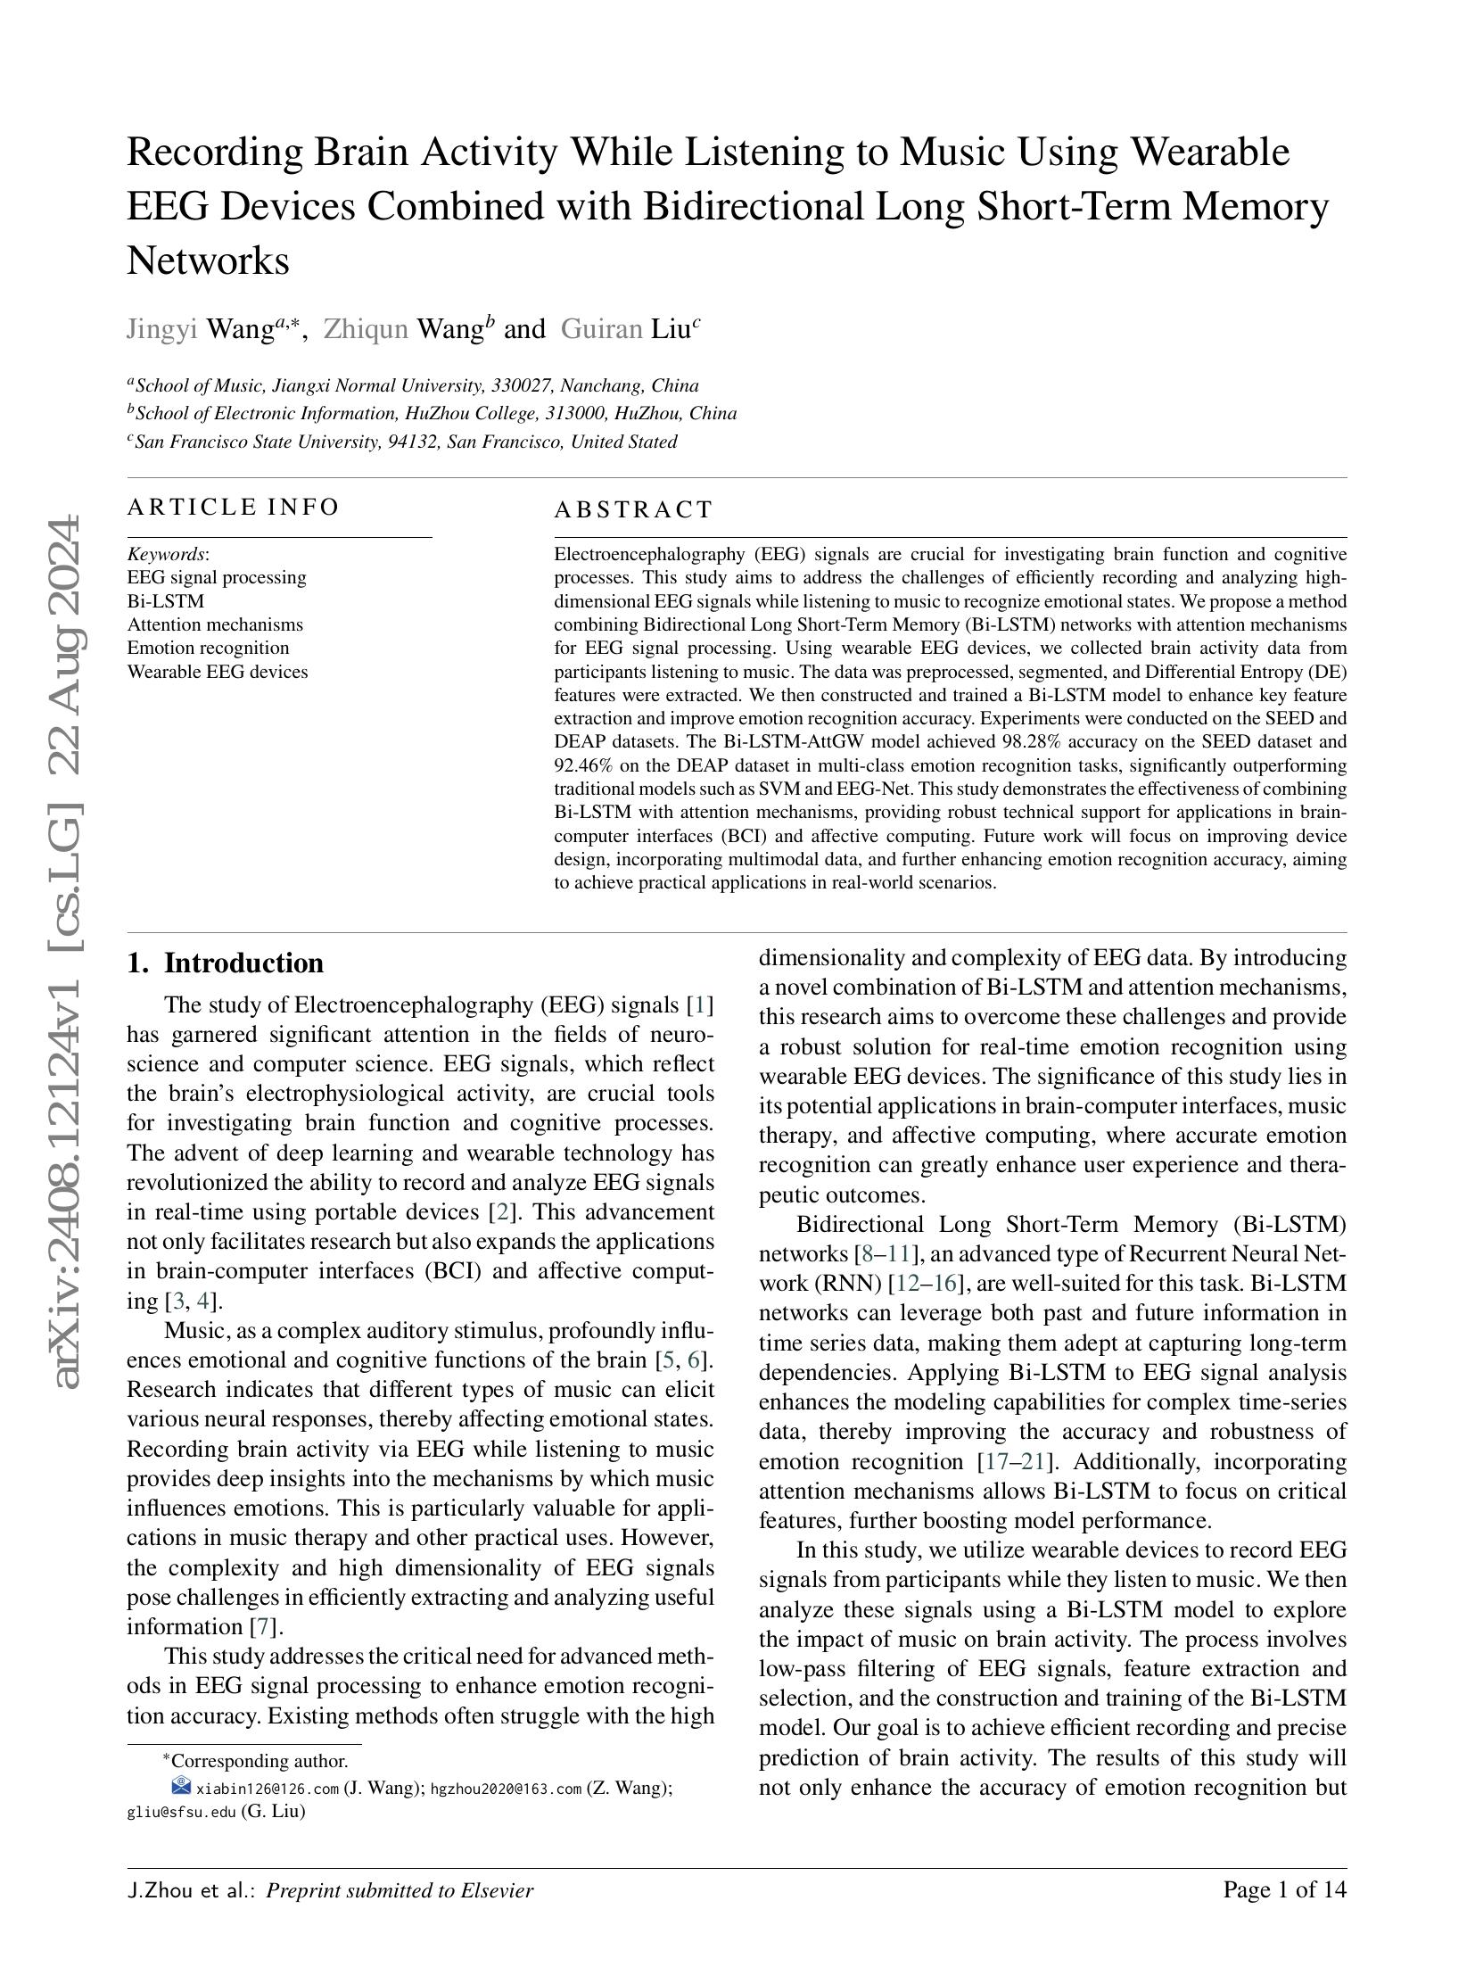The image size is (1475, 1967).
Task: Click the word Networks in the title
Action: coord(208,261)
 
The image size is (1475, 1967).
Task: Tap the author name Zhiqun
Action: coord(365,329)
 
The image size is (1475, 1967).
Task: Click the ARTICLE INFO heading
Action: coord(233,508)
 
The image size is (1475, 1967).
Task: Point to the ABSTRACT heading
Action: coord(633,510)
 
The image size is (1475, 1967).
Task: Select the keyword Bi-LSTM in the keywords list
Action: coord(165,601)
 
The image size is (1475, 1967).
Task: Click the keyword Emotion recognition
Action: coord(208,648)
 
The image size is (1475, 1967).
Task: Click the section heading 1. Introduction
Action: coord(225,963)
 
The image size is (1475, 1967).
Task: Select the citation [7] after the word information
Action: coord(266,1626)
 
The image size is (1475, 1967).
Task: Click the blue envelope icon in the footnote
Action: coord(181,1786)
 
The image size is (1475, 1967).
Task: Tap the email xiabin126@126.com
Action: coord(267,1789)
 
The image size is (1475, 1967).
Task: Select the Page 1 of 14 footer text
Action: coord(1283,1890)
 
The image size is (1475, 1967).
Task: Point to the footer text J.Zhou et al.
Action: coord(190,1890)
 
